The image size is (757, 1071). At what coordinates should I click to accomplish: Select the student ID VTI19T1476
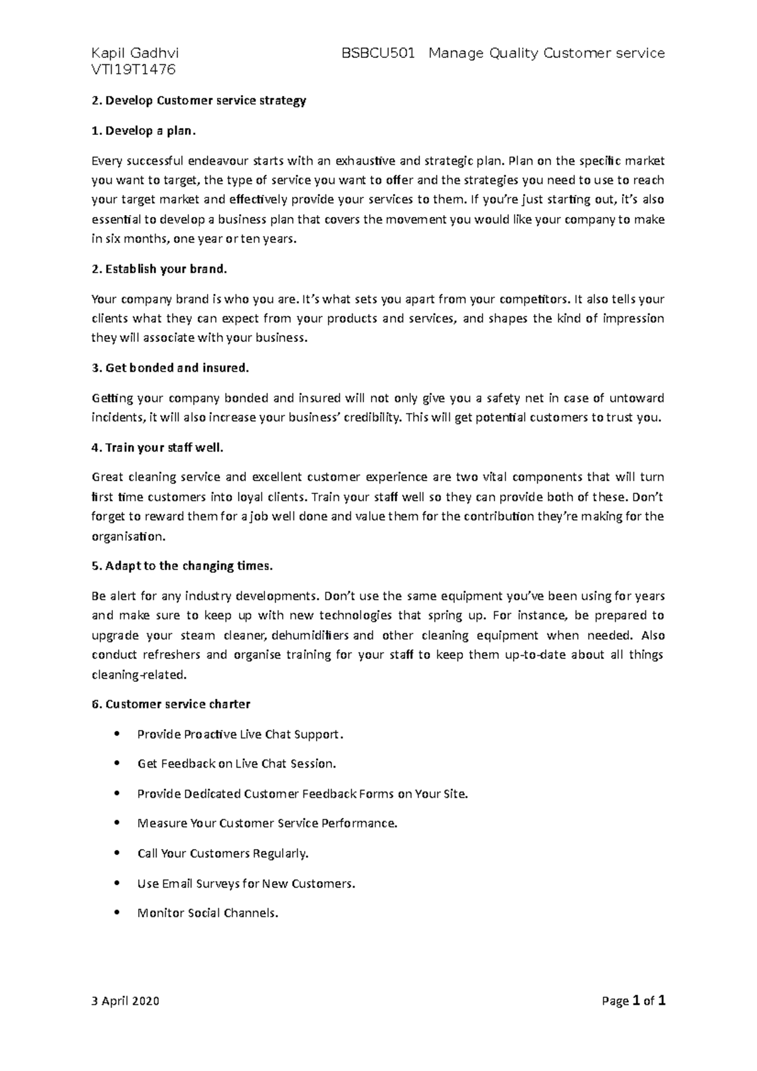(x=133, y=70)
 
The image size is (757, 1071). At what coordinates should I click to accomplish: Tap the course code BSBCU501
(x=378, y=54)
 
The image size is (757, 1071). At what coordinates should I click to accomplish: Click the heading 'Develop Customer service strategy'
(x=199, y=101)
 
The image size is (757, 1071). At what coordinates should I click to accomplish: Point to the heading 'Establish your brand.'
(x=158, y=269)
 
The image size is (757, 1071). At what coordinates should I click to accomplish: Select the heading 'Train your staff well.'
(x=158, y=448)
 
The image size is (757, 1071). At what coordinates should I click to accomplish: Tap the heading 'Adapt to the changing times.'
(x=182, y=566)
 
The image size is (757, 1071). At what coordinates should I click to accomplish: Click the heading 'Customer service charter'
(x=171, y=704)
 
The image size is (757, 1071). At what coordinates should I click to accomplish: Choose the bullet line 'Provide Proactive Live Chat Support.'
(x=241, y=734)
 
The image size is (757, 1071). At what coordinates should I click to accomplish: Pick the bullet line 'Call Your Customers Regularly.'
(x=223, y=853)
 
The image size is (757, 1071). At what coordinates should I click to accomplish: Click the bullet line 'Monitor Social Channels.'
(x=207, y=913)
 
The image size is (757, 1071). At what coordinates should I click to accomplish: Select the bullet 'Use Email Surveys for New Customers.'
(x=246, y=884)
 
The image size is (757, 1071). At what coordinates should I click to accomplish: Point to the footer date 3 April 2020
(x=126, y=1001)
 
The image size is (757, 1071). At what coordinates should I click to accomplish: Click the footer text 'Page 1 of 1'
(x=634, y=1001)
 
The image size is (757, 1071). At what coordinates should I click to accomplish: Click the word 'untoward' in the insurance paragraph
(x=633, y=398)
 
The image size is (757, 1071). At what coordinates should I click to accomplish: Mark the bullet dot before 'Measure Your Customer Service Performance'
(x=117, y=823)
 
